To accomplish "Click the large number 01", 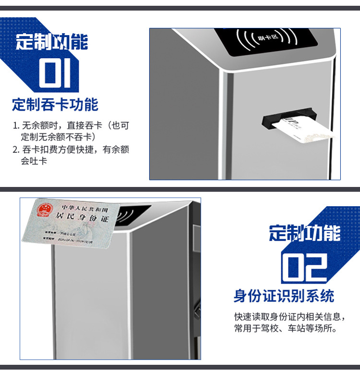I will coord(54,73).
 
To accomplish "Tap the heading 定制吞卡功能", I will coord(55,104).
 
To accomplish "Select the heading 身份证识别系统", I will coord(284,296).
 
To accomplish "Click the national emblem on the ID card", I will coord(44,210).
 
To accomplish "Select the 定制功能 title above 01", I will coord(52,42).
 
